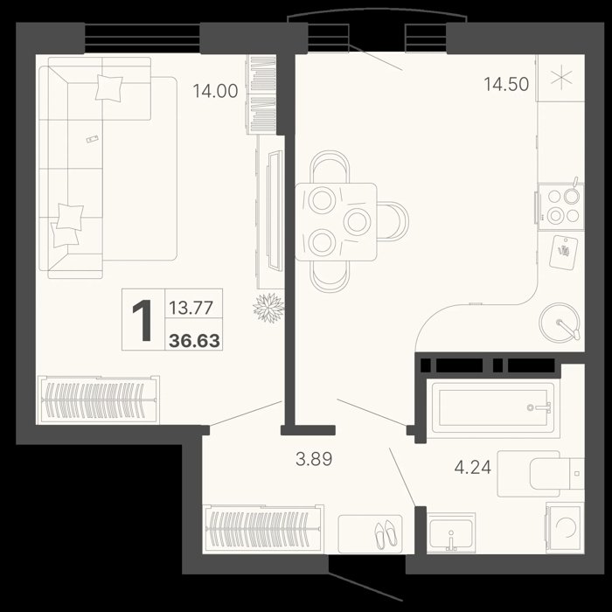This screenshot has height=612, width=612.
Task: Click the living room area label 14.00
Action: pyautogui.click(x=215, y=91)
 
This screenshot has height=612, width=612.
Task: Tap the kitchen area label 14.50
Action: pyautogui.click(x=506, y=84)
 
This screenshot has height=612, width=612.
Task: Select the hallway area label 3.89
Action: pyautogui.click(x=314, y=459)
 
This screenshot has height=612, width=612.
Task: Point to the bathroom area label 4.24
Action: pyautogui.click(x=473, y=467)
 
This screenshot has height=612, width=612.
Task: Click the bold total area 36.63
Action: pyautogui.click(x=194, y=341)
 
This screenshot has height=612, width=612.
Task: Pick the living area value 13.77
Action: pyautogui.click(x=191, y=308)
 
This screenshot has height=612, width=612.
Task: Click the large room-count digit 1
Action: pyautogui.click(x=143, y=320)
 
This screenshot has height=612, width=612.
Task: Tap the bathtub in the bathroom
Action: pyautogui.click(x=493, y=407)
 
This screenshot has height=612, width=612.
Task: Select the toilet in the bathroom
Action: pyautogui.click(x=541, y=474)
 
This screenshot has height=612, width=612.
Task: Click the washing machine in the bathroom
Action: pyautogui.click(x=565, y=527)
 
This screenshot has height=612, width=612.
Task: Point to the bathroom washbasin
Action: pyautogui.click(x=451, y=532)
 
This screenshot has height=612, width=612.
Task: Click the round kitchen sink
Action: pyautogui.click(x=560, y=323)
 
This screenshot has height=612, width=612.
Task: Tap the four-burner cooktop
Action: pyautogui.click(x=561, y=207)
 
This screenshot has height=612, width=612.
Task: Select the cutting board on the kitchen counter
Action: pyautogui.click(x=563, y=252)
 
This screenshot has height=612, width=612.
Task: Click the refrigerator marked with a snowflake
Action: pyautogui.click(x=561, y=78)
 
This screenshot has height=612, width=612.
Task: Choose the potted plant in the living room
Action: pyautogui.click(x=268, y=308)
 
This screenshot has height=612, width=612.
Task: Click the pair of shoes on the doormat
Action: pyautogui.click(x=386, y=534)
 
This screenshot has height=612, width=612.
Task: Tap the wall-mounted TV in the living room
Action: pyautogui.click(x=275, y=211)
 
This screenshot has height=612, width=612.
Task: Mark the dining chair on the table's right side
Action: pyautogui.click(x=393, y=221)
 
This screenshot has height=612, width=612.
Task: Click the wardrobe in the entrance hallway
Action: pyautogui.click(x=263, y=529)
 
